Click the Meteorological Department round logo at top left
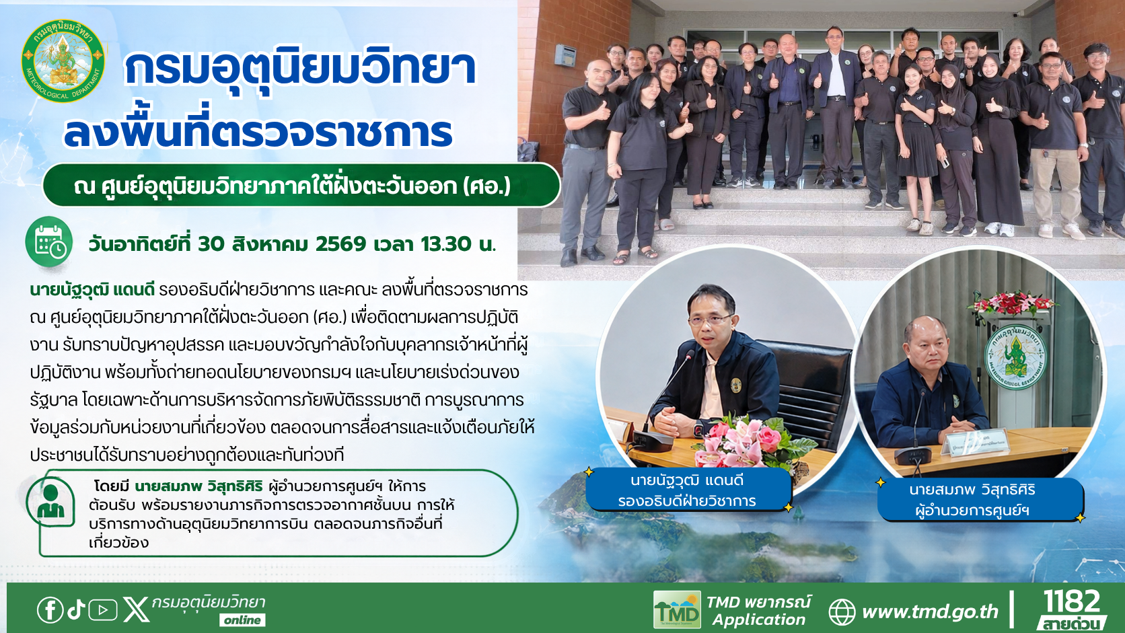point(63,61)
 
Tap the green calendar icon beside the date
point(48,242)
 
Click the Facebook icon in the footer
point(50,610)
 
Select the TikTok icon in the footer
point(76,609)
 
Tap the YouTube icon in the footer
point(103,610)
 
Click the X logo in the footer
point(136,610)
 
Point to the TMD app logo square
point(676,609)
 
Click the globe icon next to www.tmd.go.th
point(842,612)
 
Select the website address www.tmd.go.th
point(930,612)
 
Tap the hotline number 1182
point(1072,601)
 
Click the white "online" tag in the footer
point(242,620)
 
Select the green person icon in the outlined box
point(50,501)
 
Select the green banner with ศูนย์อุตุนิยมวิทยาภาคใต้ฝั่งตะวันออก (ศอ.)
point(301,185)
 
